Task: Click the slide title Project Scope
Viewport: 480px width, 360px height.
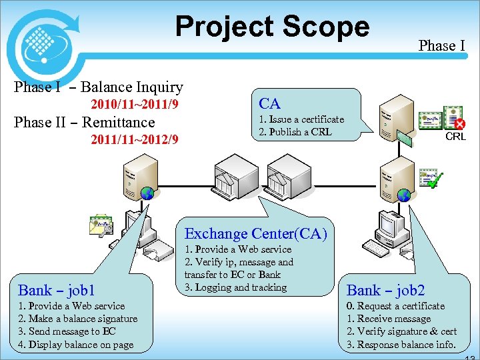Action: pos(272,27)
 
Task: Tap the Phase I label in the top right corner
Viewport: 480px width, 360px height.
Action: pos(441,45)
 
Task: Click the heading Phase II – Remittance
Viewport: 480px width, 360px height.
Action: pos(84,123)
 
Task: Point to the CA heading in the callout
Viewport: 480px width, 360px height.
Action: pos(269,103)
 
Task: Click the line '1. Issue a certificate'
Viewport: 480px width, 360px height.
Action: pos(301,119)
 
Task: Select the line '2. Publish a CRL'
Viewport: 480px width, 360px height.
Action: pos(295,131)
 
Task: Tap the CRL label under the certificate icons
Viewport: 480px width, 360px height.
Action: pos(455,137)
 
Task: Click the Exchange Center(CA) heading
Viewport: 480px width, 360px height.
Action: pos(255,233)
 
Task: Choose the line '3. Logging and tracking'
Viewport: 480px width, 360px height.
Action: pos(235,287)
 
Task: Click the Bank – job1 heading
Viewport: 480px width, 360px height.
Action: pos(57,290)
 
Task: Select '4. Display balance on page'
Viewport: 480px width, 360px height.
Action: pos(75,345)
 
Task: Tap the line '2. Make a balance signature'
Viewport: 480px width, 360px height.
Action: pos(77,319)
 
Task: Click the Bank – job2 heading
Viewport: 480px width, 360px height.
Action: pos(385,290)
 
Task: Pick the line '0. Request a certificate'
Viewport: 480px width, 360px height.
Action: pos(395,306)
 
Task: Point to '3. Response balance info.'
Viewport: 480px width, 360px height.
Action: pos(401,345)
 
